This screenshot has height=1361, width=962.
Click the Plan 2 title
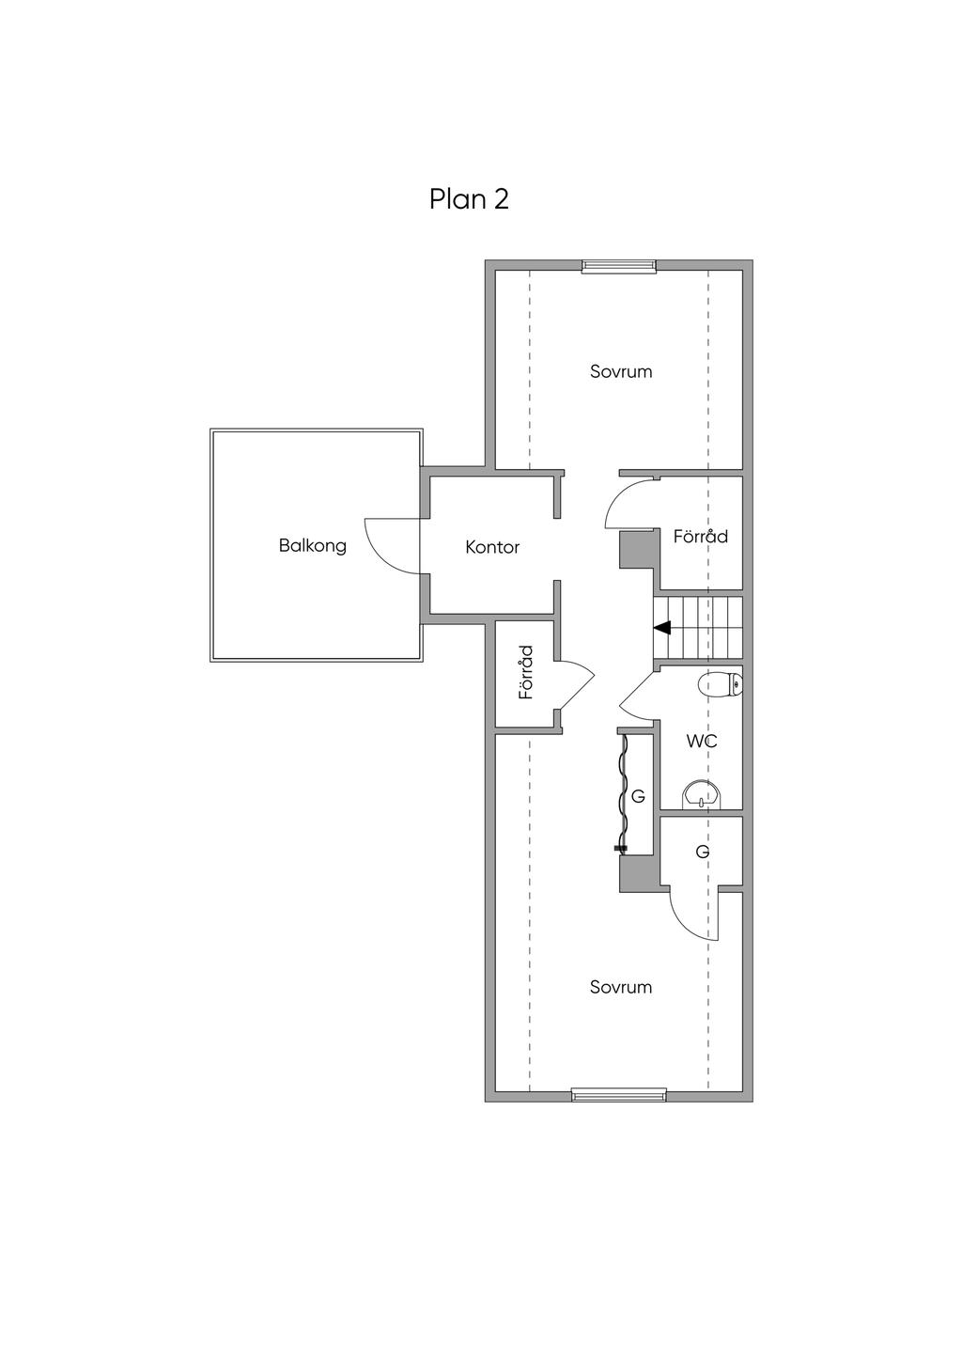[469, 199]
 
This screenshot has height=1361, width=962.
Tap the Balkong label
[312, 545]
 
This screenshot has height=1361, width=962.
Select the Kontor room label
[492, 547]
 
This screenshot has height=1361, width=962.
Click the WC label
[702, 742]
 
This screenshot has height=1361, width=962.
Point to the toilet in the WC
[721, 685]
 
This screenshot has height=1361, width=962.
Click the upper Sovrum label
[621, 371]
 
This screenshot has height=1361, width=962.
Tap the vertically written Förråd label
[526, 672]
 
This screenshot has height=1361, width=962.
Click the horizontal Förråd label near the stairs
[700, 537]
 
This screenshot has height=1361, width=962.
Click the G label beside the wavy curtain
[638, 796]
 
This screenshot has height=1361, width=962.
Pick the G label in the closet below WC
[702, 852]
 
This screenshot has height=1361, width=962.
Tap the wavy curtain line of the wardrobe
[622, 793]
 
